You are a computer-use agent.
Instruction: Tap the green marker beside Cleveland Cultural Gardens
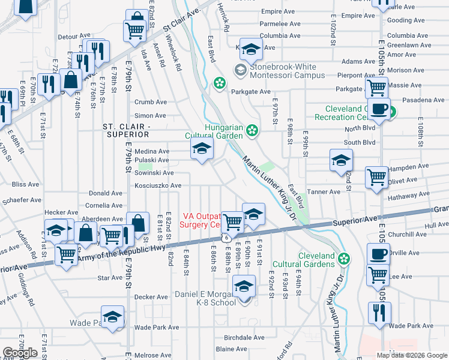tap(344, 258)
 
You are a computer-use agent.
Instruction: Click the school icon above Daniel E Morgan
tap(244, 287)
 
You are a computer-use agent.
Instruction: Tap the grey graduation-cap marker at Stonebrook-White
tap(240, 71)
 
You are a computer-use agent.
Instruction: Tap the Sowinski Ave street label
tap(154, 173)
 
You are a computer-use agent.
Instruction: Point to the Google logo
tap(20, 353)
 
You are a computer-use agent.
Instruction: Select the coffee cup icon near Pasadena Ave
tap(378, 109)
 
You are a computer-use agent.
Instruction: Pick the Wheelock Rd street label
tap(174, 55)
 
